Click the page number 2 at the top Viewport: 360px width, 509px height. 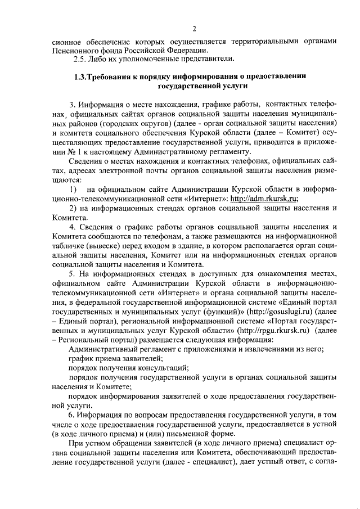tap(193, 29)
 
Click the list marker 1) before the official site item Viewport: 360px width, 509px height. tap(73, 189)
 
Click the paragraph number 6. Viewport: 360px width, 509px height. tap(72, 415)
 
